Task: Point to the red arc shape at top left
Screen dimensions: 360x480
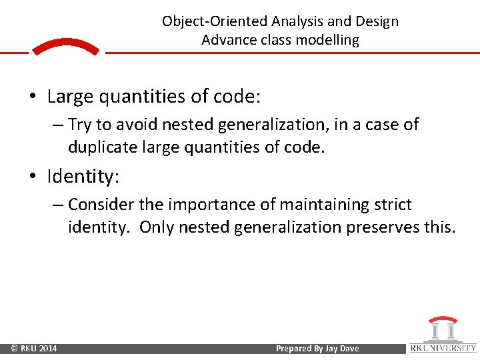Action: pos(65,46)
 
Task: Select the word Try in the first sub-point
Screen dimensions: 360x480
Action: pos(80,125)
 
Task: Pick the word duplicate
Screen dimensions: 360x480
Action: pos(101,147)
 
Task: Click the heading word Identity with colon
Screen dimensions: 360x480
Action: pos(83,177)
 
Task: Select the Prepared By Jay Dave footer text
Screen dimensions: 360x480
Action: pos(317,349)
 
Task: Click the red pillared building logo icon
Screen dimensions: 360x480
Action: pos(443,329)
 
